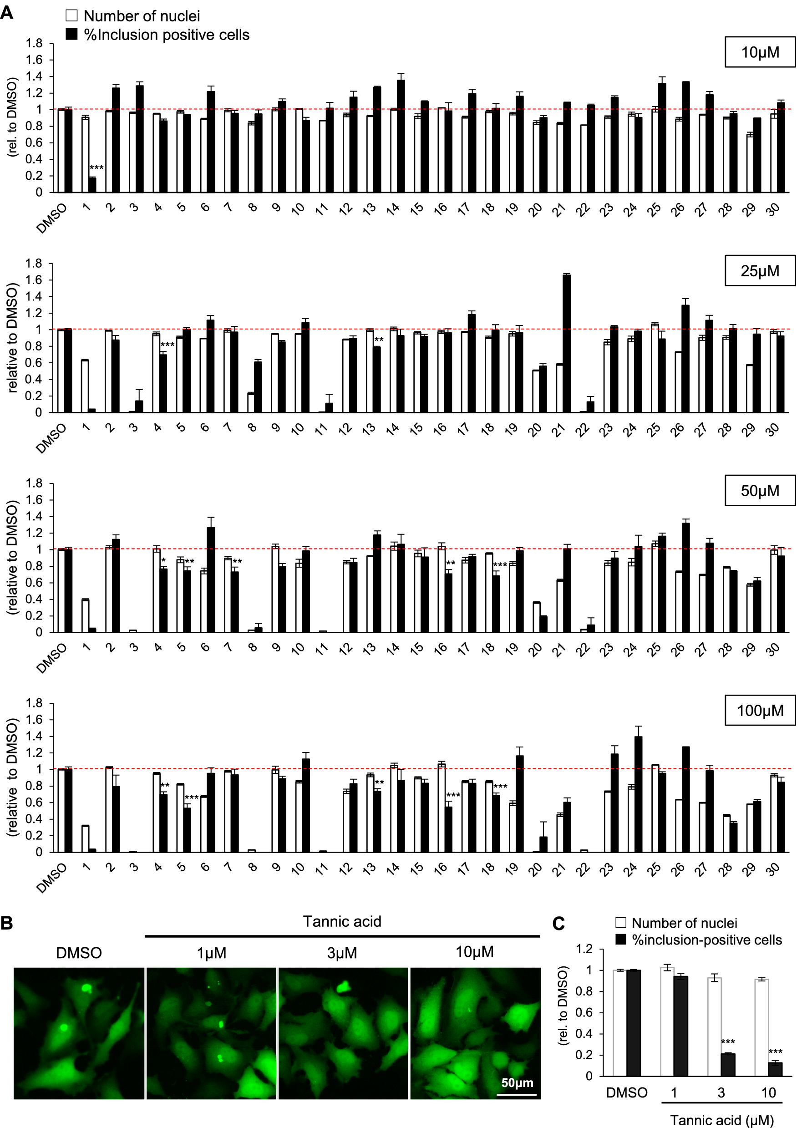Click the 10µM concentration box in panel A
pos(760,52)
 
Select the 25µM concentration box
pos(760,271)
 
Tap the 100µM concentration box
pos(760,711)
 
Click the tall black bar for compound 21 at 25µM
pos(567,343)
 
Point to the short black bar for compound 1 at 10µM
pos(92,184)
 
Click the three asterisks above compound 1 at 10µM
pos(96,168)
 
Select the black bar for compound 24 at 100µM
pos(638,793)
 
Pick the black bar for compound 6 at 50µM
pos(211,579)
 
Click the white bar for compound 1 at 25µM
pos(85,386)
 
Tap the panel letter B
pos(7,923)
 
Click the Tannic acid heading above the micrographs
pos(342,921)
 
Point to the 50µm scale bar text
pos(517,1083)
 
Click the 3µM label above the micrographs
pos(342,953)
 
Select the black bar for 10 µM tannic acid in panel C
pos(775,1069)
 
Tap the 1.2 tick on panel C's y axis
pos(584,949)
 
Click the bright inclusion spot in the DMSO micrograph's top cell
pos(86,987)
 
